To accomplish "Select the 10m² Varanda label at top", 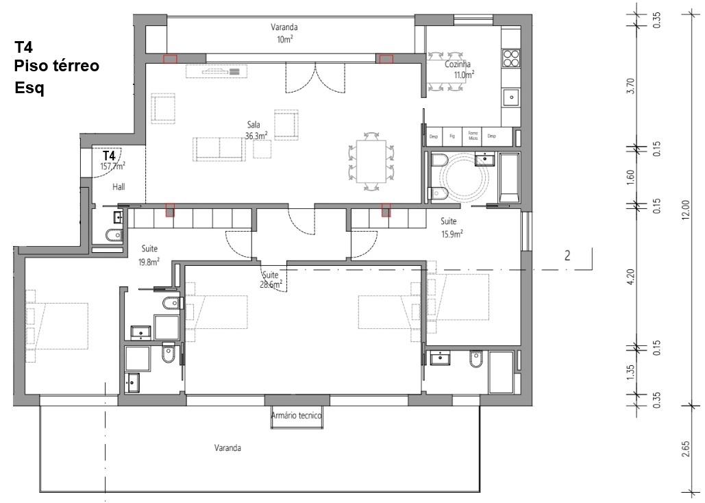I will [284, 33].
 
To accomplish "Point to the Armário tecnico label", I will [296, 415].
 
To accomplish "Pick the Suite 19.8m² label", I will [150, 255].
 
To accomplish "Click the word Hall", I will [118, 186].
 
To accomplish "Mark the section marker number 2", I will [567, 256].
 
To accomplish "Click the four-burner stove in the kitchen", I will [511, 58].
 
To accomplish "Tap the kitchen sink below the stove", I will [511, 98].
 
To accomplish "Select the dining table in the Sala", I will [370, 161].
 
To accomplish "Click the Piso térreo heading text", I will [57, 66].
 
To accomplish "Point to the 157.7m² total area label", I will [112, 165].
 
